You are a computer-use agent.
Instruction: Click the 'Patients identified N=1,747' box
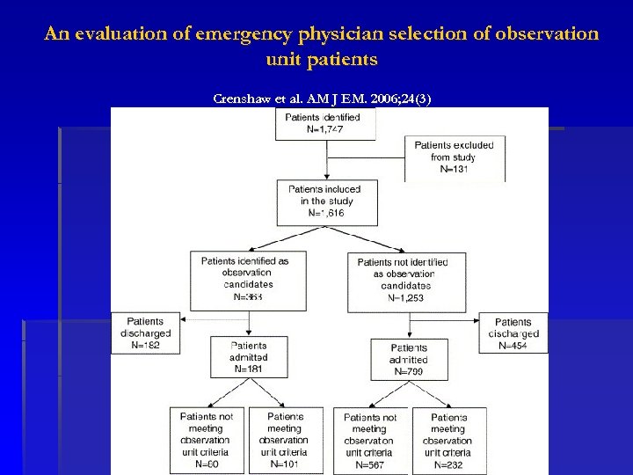(x=325, y=122)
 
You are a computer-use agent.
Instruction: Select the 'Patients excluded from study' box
(x=454, y=157)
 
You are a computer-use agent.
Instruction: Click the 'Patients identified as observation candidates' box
(x=249, y=280)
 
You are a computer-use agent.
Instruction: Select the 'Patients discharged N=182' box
(x=145, y=333)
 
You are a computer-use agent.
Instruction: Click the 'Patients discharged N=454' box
(x=513, y=333)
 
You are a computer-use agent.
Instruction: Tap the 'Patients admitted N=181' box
(x=249, y=357)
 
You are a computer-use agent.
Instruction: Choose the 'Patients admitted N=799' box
(x=409, y=359)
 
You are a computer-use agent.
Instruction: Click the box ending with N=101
(x=285, y=440)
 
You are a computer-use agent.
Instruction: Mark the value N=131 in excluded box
(x=454, y=170)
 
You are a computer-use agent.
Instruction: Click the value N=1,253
(x=406, y=298)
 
